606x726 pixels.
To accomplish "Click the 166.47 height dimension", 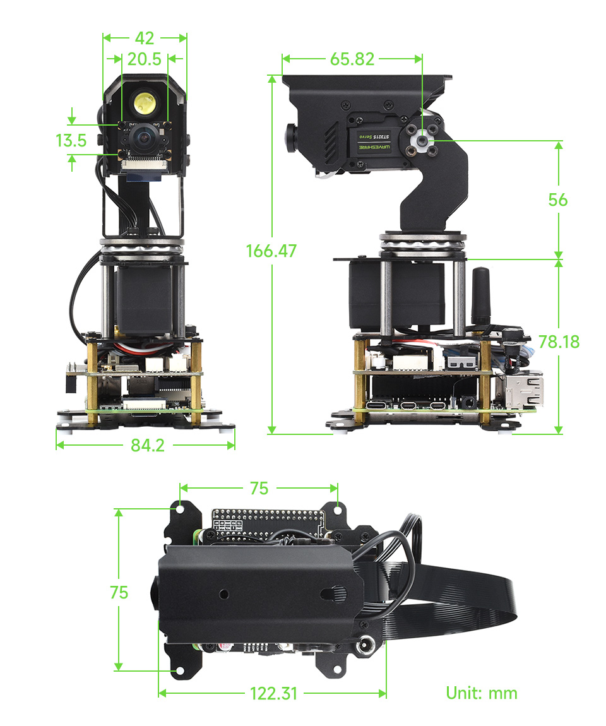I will pos(271,251).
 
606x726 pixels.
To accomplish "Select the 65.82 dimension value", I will pos(352,59).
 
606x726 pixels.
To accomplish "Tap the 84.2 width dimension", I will pos(147,445).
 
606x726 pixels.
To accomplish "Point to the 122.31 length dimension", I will pos(273,693).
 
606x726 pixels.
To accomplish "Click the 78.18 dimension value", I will pos(559,342).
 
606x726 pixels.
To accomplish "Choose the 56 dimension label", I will pos(558,200).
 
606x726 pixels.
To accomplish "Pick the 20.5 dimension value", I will pos(145,59).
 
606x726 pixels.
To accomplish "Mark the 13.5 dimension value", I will pos(71,140).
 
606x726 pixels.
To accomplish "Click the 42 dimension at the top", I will pos(145,38).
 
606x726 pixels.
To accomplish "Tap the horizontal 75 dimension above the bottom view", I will pos(259,488).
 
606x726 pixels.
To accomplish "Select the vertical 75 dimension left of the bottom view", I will pos(119,593).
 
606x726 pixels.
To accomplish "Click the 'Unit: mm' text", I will pos(482,693).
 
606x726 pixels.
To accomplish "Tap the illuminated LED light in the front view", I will pos(145,101).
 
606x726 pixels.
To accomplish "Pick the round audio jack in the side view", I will pos(468,400).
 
